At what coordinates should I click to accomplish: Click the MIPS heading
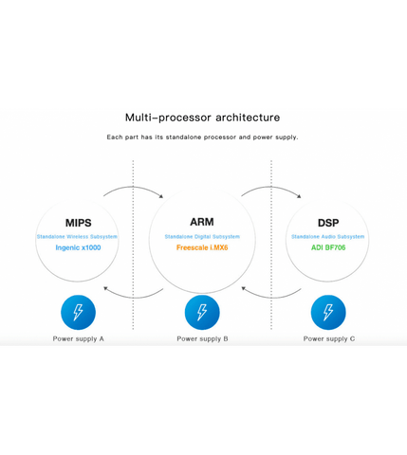pyautogui.click(x=78, y=223)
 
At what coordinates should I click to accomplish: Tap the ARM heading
pyautogui.click(x=202, y=222)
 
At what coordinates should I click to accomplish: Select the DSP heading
pyautogui.click(x=328, y=223)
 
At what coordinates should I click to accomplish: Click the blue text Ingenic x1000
pyautogui.click(x=78, y=247)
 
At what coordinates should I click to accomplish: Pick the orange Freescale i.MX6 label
pyautogui.click(x=202, y=247)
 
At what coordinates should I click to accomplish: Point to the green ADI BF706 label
pyautogui.click(x=328, y=247)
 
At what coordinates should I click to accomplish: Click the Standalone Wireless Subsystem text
pyautogui.click(x=77, y=237)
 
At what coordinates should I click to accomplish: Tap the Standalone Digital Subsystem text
pyautogui.click(x=202, y=237)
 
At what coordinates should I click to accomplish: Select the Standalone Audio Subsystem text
pyautogui.click(x=328, y=237)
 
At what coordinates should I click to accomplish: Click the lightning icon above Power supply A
pyautogui.click(x=78, y=312)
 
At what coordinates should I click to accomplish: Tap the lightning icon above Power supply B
pyautogui.click(x=202, y=312)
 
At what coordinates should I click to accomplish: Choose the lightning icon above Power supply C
pyautogui.click(x=328, y=312)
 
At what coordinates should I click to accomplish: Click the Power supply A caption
pyautogui.click(x=78, y=338)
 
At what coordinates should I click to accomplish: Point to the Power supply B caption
pyautogui.click(x=202, y=338)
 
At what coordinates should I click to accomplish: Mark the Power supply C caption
pyautogui.click(x=329, y=338)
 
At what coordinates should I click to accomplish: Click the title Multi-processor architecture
pyautogui.click(x=202, y=118)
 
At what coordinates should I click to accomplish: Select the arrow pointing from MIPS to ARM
pyautogui.click(x=133, y=187)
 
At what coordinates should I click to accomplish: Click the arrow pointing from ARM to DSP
pyautogui.click(x=271, y=187)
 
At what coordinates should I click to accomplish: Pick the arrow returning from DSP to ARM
pyautogui.click(x=271, y=298)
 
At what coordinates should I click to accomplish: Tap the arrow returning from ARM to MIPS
pyautogui.click(x=133, y=298)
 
